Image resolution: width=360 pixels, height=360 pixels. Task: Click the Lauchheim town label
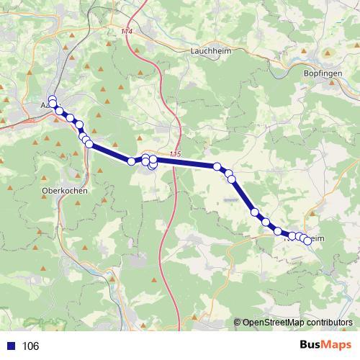210,51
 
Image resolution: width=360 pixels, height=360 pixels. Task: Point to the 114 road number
128,32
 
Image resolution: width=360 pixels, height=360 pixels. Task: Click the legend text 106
30,346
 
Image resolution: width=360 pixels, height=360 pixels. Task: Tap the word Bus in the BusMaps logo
310,345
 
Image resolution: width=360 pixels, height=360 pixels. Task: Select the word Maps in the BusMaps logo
337,345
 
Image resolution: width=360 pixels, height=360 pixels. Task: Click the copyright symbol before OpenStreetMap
237,323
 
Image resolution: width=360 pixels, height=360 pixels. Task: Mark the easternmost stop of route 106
308,240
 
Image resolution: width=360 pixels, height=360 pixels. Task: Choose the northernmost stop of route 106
52,99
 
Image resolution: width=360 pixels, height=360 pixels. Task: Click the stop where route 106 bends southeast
217,167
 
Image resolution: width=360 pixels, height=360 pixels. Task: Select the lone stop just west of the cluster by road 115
132,161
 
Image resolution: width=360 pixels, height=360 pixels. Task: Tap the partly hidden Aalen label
45,105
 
